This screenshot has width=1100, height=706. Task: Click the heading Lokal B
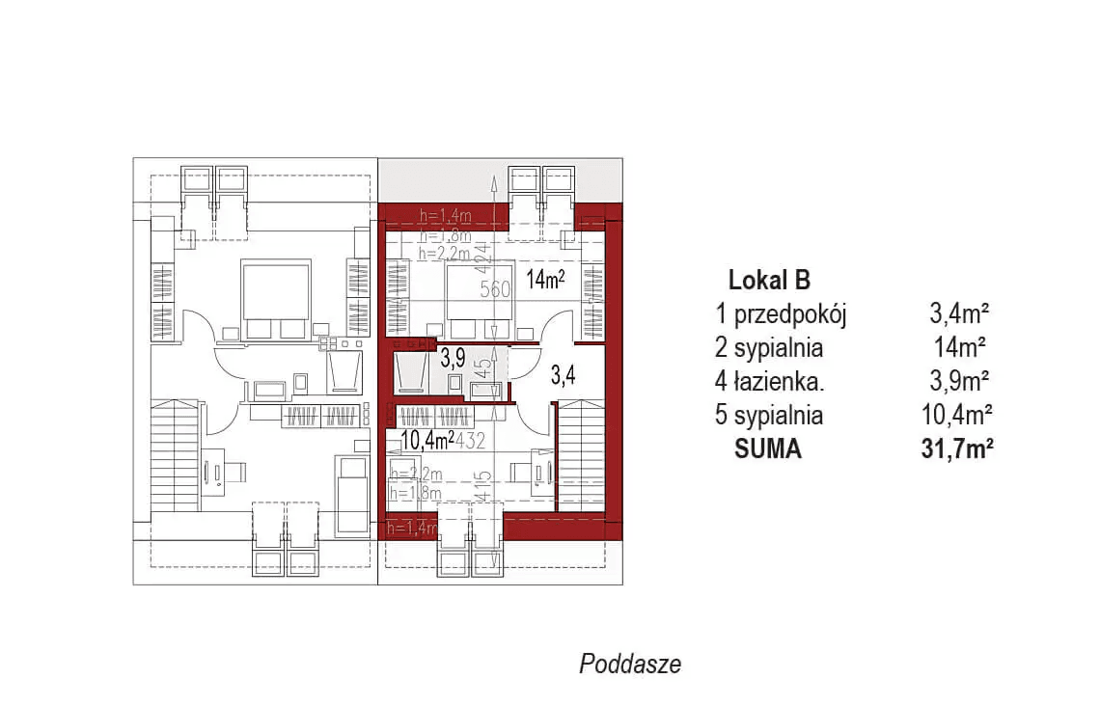(768, 281)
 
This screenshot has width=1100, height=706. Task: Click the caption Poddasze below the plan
(630, 664)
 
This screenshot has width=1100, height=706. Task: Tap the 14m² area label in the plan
(545, 280)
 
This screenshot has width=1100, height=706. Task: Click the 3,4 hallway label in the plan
(564, 375)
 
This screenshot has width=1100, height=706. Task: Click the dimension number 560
(495, 288)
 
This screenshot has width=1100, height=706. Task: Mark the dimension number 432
(470, 442)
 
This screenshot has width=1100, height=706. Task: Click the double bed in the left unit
(275, 299)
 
